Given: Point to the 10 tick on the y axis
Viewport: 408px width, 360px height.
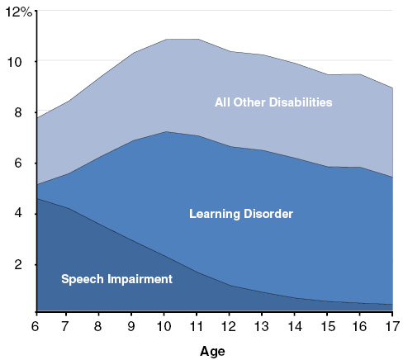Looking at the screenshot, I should (19, 62).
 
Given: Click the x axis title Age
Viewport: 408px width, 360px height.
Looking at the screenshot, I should (212, 351).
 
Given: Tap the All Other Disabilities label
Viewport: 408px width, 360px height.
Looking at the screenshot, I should (273, 103).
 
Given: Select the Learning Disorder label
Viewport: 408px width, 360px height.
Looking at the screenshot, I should (241, 215).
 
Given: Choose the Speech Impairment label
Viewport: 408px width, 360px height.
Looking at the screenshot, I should (116, 279).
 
